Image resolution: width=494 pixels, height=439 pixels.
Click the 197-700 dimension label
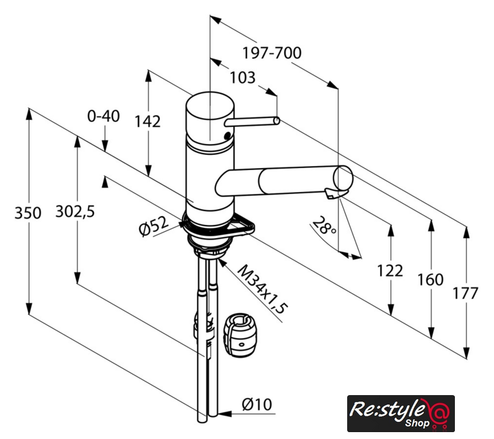click(x=272, y=53)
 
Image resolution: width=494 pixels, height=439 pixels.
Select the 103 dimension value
click(x=242, y=78)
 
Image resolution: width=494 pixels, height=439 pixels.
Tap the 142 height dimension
click(x=148, y=121)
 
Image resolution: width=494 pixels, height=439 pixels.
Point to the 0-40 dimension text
click(x=104, y=116)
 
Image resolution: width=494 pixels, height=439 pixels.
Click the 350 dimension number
click(x=27, y=213)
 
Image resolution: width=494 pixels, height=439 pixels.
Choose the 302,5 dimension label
click(x=75, y=211)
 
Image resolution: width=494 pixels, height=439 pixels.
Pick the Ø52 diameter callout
click(x=154, y=226)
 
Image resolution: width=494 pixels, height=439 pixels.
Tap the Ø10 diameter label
click(x=257, y=404)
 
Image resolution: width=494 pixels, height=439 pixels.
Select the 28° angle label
click(x=324, y=226)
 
